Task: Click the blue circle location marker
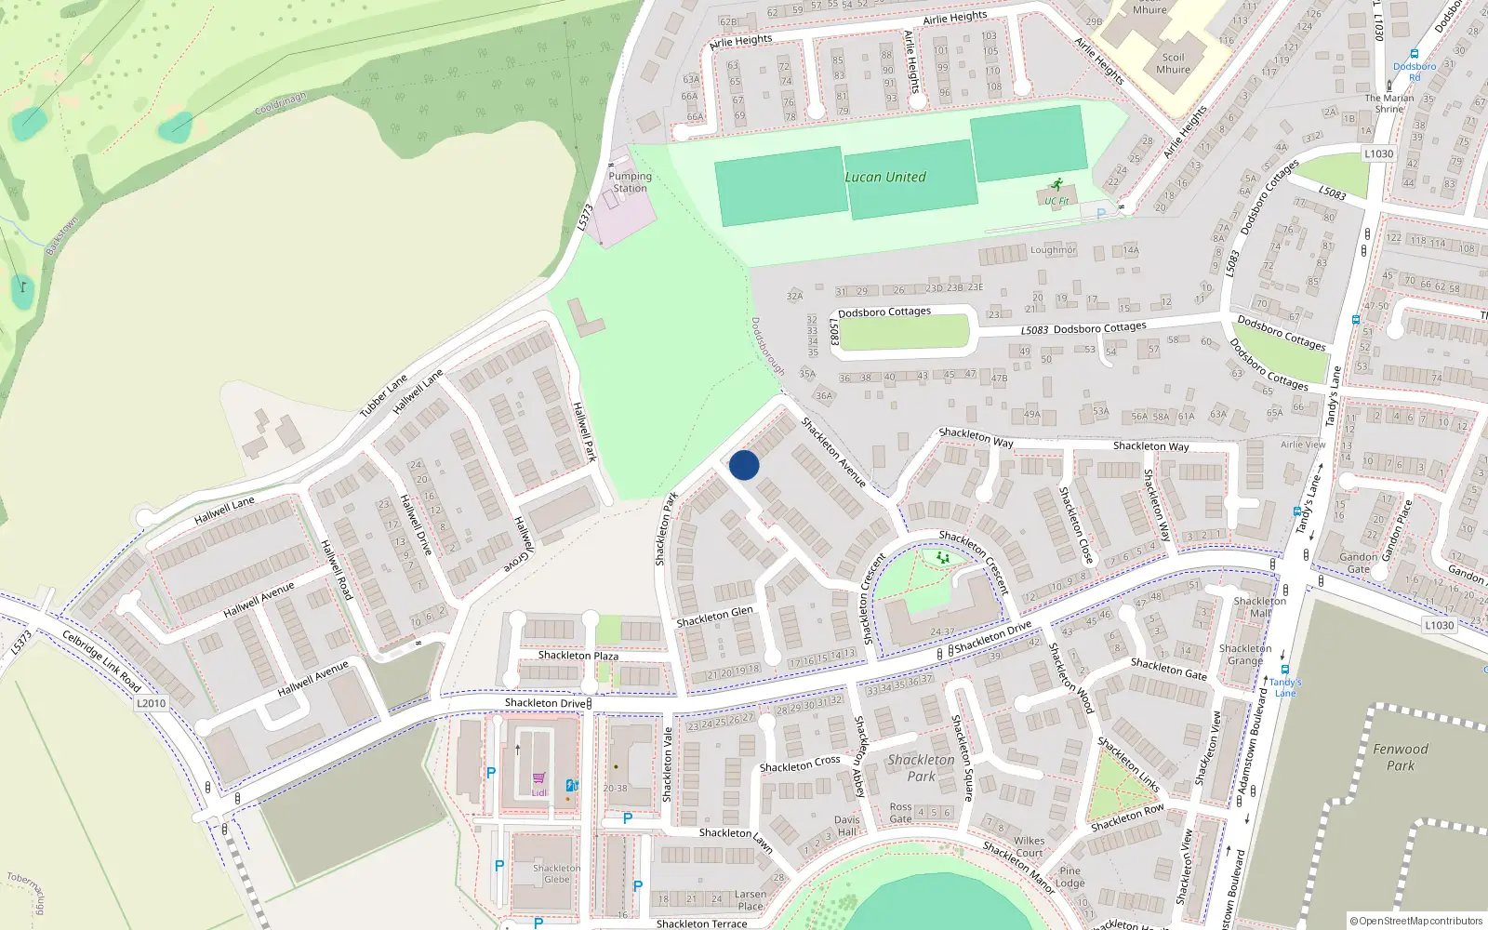coord(744,465)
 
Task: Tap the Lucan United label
coord(884,177)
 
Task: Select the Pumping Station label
coord(630,182)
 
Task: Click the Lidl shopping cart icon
coord(539,779)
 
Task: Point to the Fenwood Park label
coord(1401,757)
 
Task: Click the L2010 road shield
coord(152,703)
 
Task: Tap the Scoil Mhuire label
coord(1173,63)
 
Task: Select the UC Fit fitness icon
coord(1056,185)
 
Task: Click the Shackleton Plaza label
coord(578,656)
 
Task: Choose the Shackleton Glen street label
coord(714,617)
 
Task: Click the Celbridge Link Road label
coord(101,660)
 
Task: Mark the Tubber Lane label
coord(383,395)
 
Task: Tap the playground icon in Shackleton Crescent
coord(943,558)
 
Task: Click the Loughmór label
coord(1053,250)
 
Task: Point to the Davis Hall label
coord(847,826)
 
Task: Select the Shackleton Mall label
coord(1260,606)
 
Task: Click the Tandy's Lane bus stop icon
coord(1284,670)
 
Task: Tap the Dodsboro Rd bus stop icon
coord(1414,55)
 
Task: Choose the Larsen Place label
coord(751,900)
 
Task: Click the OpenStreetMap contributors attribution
coord(1416,921)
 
